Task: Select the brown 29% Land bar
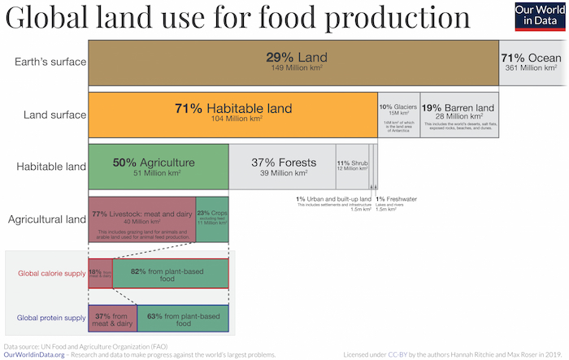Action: (x=293, y=63)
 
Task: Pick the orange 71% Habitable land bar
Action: (x=232, y=114)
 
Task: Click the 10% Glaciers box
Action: (x=398, y=114)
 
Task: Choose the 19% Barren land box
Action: (x=458, y=114)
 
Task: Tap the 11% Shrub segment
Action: (x=351, y=167)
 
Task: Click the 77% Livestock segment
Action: (x=141, y=219)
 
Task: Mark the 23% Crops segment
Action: (x=212, y=219)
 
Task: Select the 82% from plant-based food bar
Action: (x=170, y=273)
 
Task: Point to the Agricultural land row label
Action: (x=46, y=219)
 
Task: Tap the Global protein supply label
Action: (x=51, y=318)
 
